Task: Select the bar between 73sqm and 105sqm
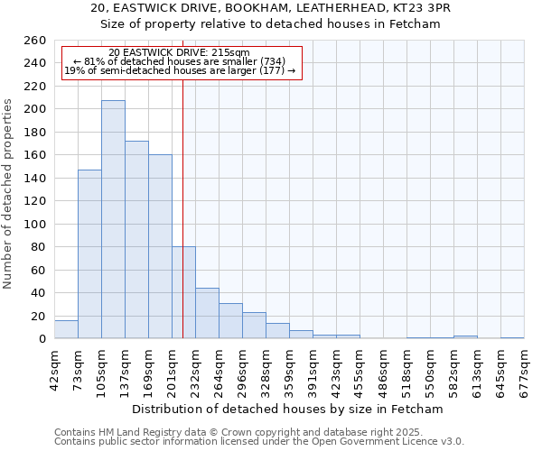pyautogui.click(x=89, y=253)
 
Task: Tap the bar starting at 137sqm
pyautogui.click(x=136, y=239)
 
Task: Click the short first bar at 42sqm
pyautogui.click(x=66, y=330)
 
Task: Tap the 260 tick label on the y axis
pyautogui.click(x=35, y=41)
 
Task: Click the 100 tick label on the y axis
pyautogui.click(x=35, y=224)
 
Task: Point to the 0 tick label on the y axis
pyautogui.click(x=42, y=339)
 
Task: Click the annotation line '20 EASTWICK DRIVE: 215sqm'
pyautogui.click(x=179, y=52)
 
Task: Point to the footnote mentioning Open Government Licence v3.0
pyautogui.click(x=259, y=441)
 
